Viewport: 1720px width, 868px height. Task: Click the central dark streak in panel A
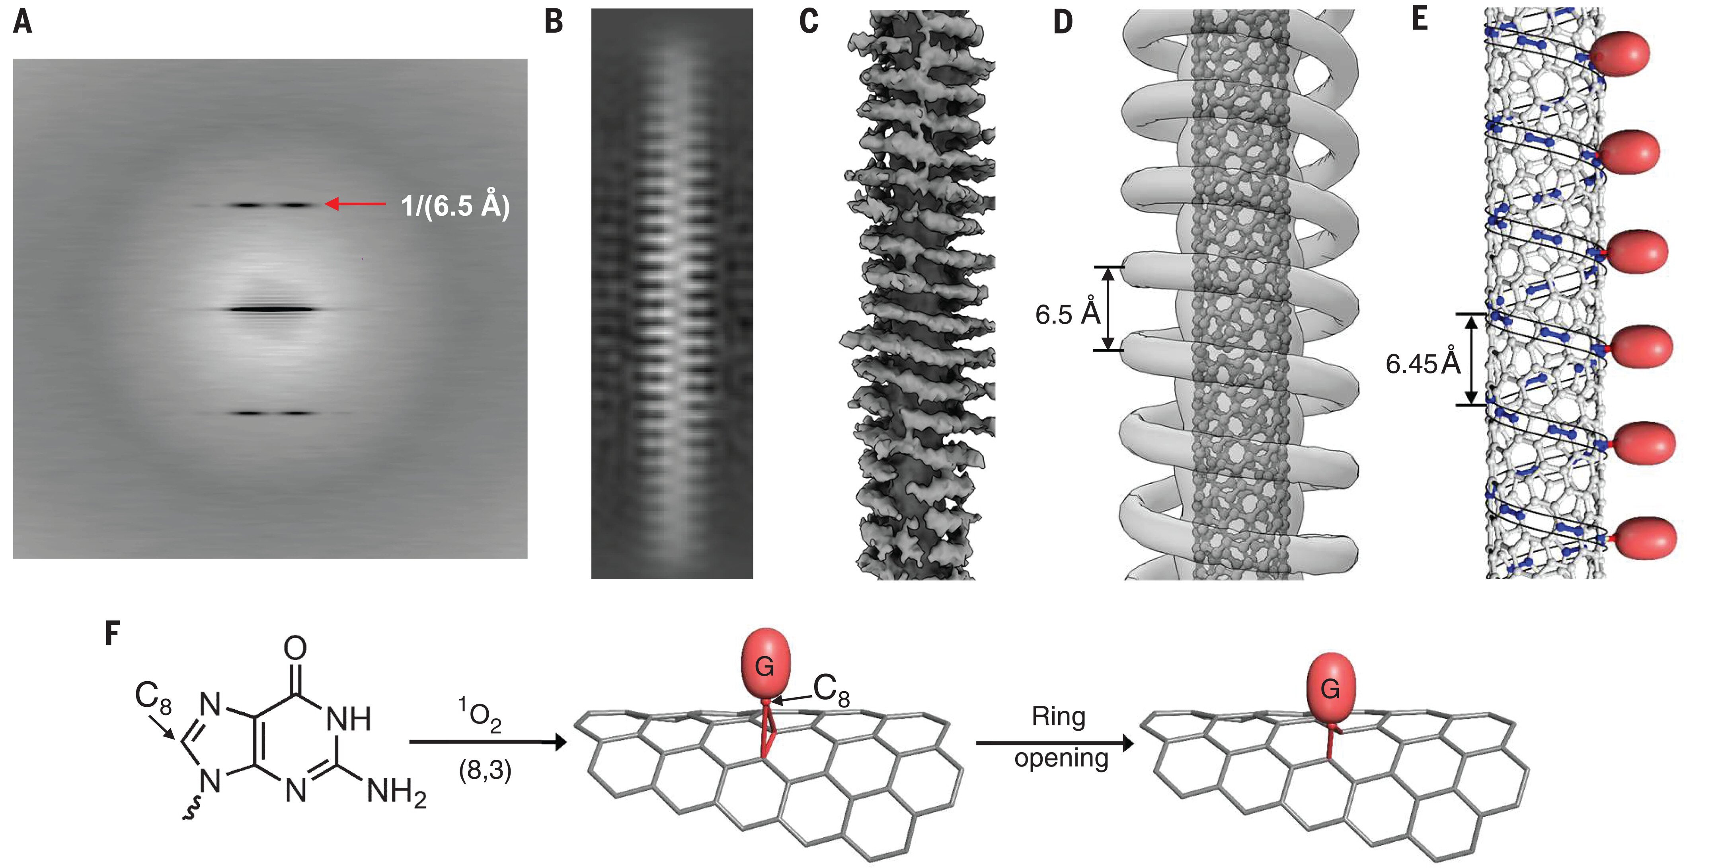point(271,309)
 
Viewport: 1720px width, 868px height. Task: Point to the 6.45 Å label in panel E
point(1423,364)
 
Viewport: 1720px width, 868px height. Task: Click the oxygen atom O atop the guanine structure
point(295,647)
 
